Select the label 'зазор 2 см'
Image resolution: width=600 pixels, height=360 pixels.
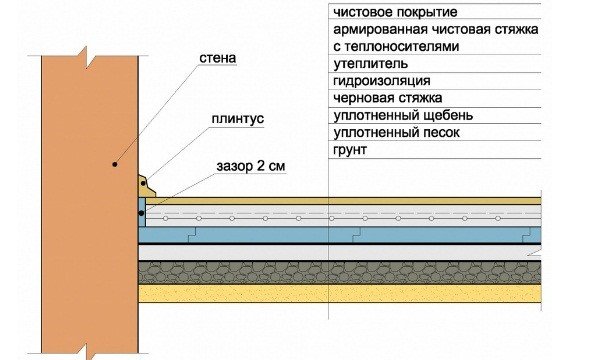click(251, 166)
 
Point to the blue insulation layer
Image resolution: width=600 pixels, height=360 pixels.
click(340, 233)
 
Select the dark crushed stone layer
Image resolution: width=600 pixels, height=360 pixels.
click(340, 272)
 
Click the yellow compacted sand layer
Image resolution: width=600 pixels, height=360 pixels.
click(340, 293)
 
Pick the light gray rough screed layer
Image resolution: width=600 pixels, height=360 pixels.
click(340, 253)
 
